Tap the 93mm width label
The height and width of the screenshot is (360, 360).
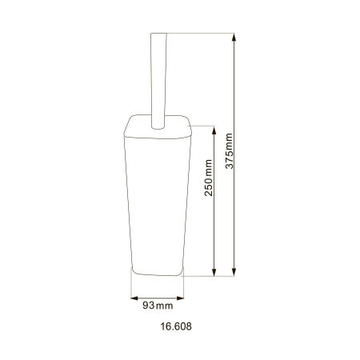tap(158, 306)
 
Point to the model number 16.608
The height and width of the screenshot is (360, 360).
tap(176, 326)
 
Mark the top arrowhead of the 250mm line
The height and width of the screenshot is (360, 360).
tap(214, 128)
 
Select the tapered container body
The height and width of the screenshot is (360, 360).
tap(157, 200)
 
